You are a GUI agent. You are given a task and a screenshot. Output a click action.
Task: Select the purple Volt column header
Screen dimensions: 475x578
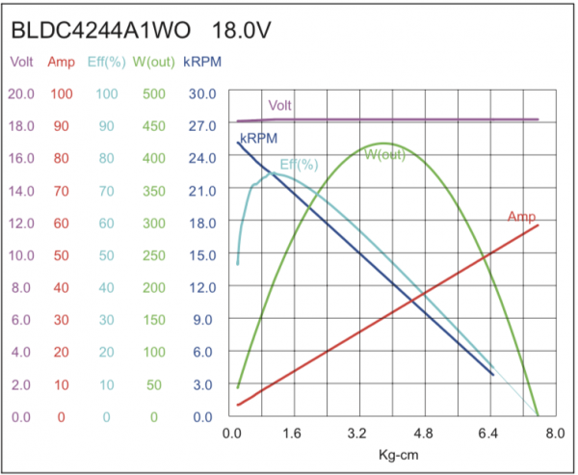tap(21, 63)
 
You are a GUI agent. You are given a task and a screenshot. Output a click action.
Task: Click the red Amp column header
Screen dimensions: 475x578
tap(63, 63)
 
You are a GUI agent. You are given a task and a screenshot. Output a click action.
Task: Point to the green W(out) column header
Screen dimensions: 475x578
tap(154, 63)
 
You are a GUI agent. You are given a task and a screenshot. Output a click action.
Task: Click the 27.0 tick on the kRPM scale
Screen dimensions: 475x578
tap(202, 126)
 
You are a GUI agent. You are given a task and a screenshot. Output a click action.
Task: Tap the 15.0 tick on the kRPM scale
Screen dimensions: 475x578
tap(202, 255)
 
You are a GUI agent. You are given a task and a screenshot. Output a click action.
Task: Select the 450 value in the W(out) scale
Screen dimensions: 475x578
tap(154, 126)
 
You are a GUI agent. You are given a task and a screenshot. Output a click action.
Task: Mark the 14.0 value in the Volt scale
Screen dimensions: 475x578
tap(21, 191)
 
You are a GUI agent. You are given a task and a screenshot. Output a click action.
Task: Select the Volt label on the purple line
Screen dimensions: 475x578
tap(280, 106)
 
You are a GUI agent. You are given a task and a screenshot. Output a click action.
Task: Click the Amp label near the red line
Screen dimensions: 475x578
tap(521, 216)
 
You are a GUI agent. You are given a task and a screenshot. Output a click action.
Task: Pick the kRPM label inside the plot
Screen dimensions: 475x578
tap(259, 139)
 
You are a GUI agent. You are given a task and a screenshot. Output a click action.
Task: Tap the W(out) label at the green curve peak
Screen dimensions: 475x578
tap(384, 154)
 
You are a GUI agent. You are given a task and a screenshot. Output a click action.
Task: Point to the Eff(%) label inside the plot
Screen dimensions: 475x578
tap(299, 165)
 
